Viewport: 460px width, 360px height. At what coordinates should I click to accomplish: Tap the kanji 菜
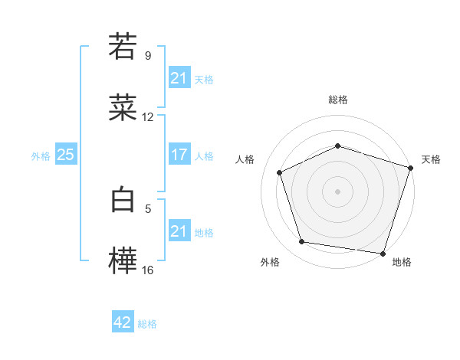click(x=123, y=109)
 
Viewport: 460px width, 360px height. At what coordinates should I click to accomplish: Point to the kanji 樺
click(x=123, y=261)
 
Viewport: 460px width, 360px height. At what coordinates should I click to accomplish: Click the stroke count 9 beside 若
click(x=148, y=55)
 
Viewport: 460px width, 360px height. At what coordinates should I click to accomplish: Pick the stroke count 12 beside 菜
click(x=148, y=117)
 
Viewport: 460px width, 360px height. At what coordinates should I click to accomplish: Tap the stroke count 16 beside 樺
click(x=148, y=270)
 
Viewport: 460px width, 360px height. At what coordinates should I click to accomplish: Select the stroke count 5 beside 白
click(x=148, y=208)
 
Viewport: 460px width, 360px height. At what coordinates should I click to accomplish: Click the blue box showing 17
click(x=179, y=155)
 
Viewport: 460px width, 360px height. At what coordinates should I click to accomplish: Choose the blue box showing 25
click(x=65, y=155)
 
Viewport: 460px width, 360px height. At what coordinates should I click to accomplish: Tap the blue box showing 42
click(x=123, y=323)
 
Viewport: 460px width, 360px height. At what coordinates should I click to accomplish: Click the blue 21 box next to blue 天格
click(x=179, y=79)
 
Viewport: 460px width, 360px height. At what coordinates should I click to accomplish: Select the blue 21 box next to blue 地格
click(x=179, y=232)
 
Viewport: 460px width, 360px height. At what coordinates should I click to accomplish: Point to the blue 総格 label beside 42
click(x=147, y=324)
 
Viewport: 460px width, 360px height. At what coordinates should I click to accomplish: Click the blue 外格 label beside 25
click(x=41, y=156)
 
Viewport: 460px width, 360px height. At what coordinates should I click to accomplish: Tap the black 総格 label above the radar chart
click(x=338, y=100)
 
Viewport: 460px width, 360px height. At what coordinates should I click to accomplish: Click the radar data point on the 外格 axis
click(x=302, y=242)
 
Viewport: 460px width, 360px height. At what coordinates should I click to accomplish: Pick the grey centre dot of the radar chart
click(x=338, y=191)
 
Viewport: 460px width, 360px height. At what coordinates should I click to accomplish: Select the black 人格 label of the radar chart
click(x=245, y=159)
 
